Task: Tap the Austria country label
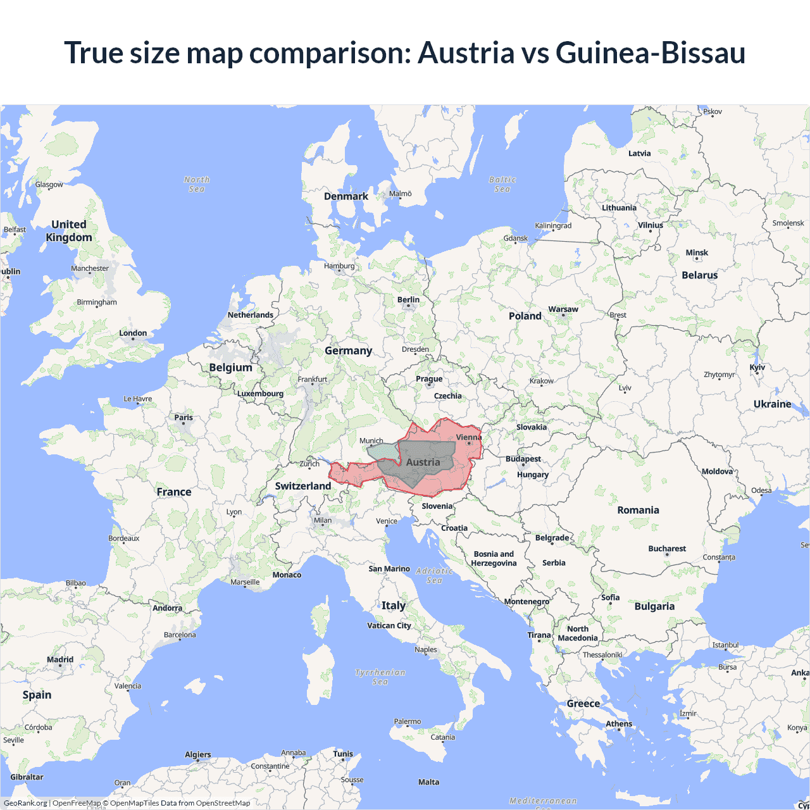(x=423, y=463)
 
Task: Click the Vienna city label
(x=468, y=437)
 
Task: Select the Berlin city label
(x=408, y=300)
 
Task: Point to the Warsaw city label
(x=563, y=309)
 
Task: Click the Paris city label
(x=184, y=418)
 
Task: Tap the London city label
(x=133, y=333)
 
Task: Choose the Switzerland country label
(x=302, y=486)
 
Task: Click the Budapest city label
(x=523, y=459)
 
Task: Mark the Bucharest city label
(x=667, y=549)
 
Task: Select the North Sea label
(x=197, y=184)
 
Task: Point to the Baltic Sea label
(x=502, y=184)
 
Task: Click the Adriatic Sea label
(x=435, y=575)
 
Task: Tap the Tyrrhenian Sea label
(x=380, y=677)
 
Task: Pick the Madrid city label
(x=60, y=659)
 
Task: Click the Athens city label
(x=619, y=724)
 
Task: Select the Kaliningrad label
(x=553, y=226)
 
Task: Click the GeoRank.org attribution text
(x=25, y=803)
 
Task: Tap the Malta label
(x=428, y=782)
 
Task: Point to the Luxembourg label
(x=260, y=394)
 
